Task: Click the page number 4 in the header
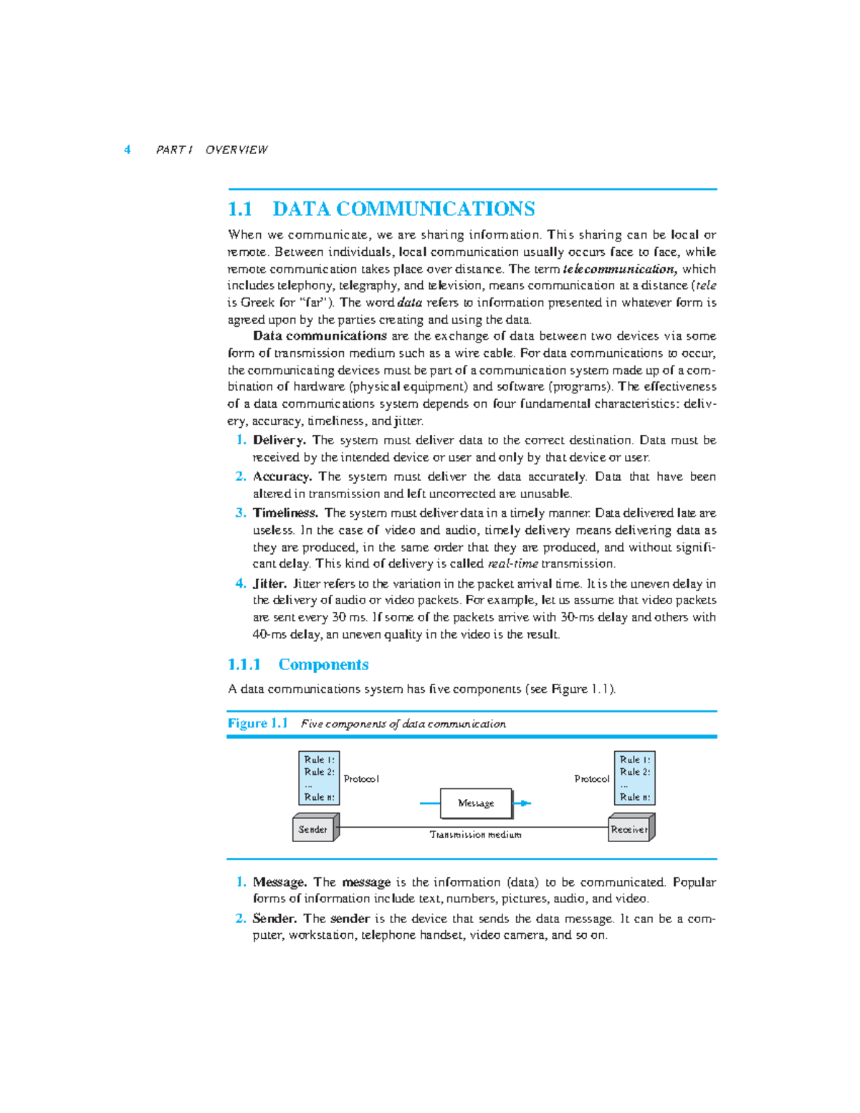128,150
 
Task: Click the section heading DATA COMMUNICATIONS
403,209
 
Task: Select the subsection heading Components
323,665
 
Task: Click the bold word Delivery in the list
279,440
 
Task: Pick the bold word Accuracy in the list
282,477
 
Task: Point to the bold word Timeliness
285,513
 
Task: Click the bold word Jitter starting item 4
269,584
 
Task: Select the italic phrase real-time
512,564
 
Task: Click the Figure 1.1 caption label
257,723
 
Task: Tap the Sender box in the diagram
313,829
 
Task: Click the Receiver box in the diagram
629,829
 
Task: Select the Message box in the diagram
476,803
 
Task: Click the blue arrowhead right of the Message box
525,803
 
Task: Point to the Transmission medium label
475,835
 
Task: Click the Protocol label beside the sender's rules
361,779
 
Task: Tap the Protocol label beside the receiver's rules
592,779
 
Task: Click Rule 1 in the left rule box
319,760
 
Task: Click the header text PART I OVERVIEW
211,150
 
